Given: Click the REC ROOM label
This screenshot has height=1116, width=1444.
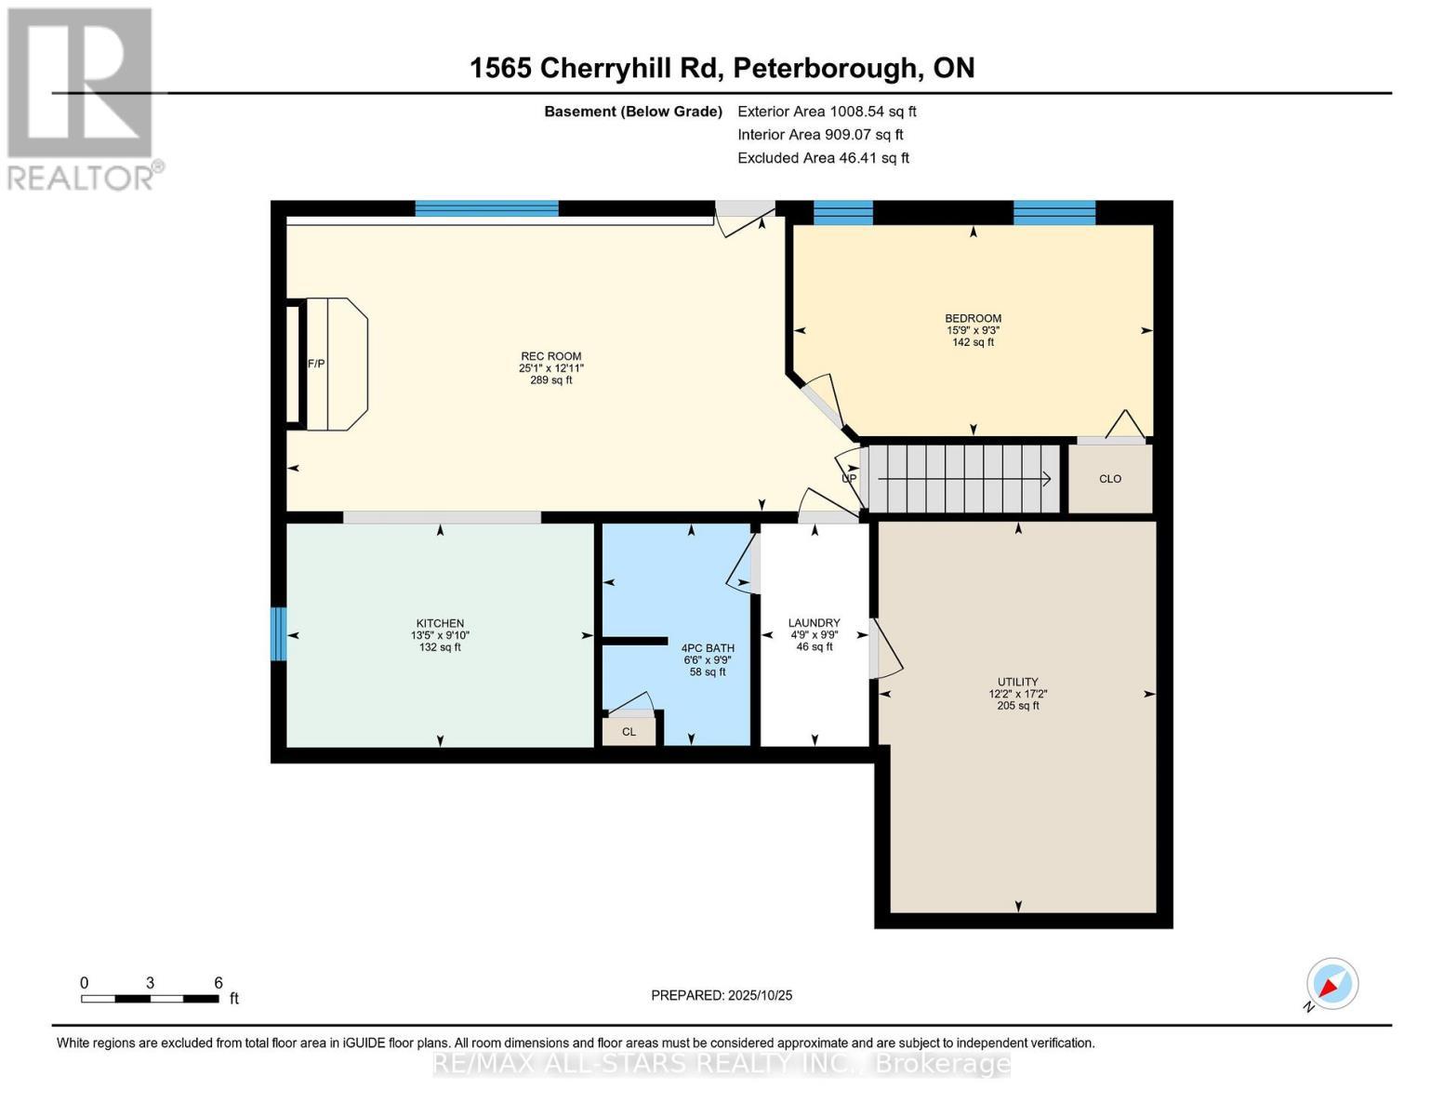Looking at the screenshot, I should (x=550, y=356).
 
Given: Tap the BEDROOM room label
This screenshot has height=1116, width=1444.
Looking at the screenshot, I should (x=973, y=318).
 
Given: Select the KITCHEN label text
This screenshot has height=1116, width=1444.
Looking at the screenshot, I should (x=440, y=623).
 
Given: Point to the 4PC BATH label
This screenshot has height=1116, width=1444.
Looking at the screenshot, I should (x=708, y=648).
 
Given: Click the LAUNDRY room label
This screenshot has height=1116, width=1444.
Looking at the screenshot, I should (x=814, y=623).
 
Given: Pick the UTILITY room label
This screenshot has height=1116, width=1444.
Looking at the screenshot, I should (x=1018, y=682).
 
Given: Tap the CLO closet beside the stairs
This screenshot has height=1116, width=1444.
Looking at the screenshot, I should (x=1110, y=479).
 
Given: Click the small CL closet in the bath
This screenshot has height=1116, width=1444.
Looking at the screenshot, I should (x=629, y=732).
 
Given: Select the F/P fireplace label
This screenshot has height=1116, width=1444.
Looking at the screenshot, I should (x=316, y=364).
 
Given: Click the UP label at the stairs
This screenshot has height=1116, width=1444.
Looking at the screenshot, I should (x=848, y=479).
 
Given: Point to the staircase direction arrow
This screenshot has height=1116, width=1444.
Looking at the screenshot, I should (x=963, y=479).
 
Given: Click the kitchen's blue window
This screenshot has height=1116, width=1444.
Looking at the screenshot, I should (x=278, y=634).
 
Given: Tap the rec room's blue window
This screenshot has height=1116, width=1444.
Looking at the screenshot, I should (x=486, y=208).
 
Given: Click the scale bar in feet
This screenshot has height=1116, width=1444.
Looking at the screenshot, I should (x=150, y=999).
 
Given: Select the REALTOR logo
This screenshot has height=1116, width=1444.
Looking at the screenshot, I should (x=81, y=98).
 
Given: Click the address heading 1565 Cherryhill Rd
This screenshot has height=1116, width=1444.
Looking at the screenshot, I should (x=722, y=68).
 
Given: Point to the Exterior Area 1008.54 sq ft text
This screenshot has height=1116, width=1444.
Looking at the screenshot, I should (x=827, y=112).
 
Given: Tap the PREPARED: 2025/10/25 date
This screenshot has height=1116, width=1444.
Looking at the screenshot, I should (x=722, y=995).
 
